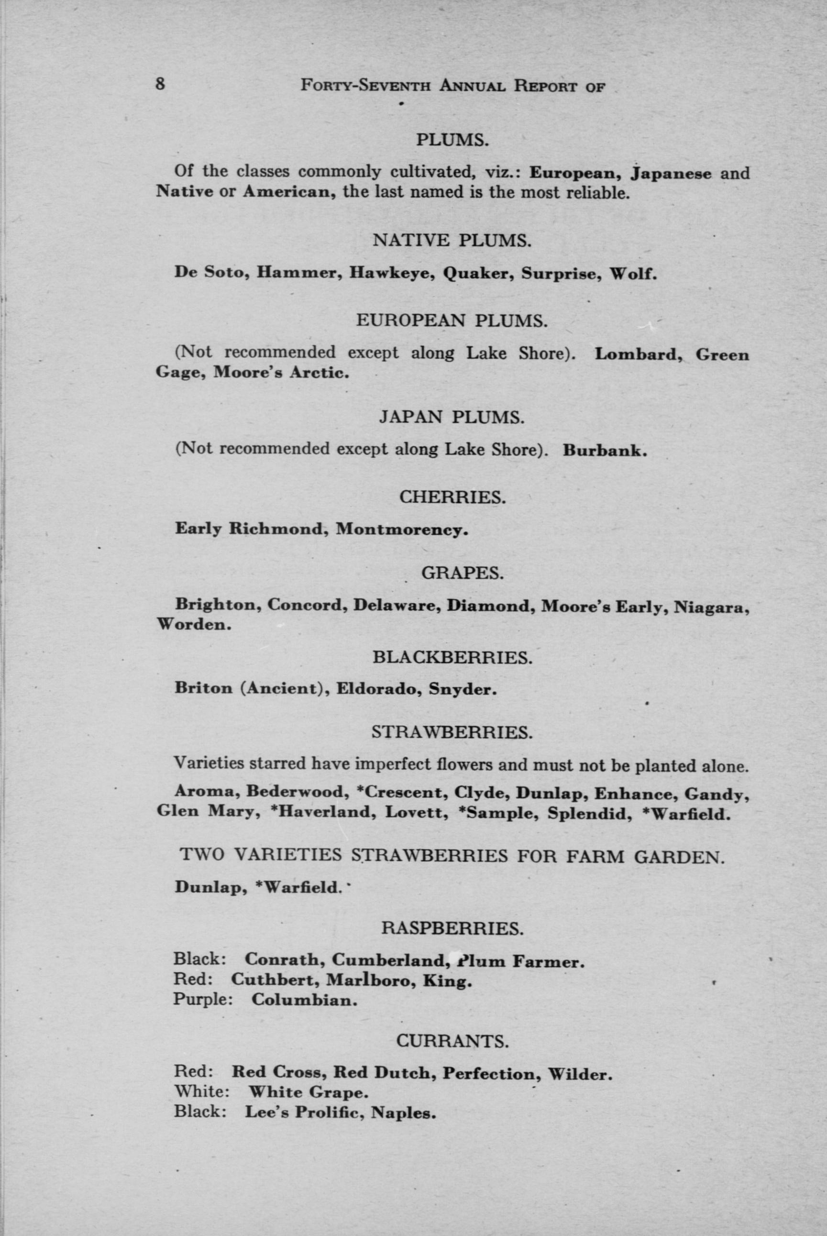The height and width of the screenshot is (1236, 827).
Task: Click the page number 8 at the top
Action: click(x=161, y=83)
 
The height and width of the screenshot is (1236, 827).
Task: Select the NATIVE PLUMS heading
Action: click(x=451, y=241)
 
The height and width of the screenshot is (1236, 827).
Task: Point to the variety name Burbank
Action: click(x=605, y=451)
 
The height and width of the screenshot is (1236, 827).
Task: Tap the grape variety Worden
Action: click(x=194, y=625)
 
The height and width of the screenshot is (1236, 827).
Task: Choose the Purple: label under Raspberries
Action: click(x=203, y=999)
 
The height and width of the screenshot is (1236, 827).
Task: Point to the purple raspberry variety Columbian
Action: click(x=304, y=1000)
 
